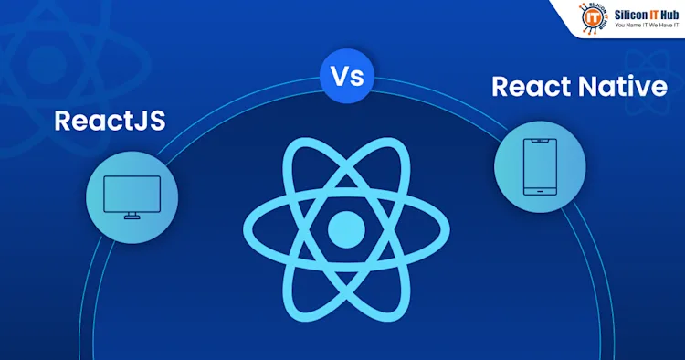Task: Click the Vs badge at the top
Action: (342, 78)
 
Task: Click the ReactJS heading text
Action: (110, 121)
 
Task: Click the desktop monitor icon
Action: (131, 196)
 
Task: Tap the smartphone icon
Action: (539, 167)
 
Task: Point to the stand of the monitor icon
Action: (131, 214)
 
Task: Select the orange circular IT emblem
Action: (593, 17)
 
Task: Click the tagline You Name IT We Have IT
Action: (647, 26)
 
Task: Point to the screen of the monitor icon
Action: (131, 192)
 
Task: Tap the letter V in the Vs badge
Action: (336, 78)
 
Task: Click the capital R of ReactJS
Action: (63, 121)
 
